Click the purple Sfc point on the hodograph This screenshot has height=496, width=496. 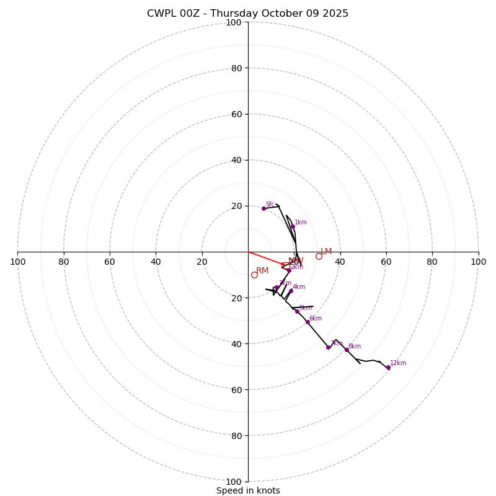(x=263, y=208)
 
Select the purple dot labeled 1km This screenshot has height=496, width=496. (x=293, y=226)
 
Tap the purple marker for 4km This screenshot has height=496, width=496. (x=291, y=291)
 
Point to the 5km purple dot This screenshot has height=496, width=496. (x=297, y=311)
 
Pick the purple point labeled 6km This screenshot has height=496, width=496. (x=308, y=322)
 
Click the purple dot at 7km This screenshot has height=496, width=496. (x=329, y=347)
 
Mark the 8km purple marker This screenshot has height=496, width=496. (x=347, y=350)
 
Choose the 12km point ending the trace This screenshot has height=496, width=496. (x=389, y=368)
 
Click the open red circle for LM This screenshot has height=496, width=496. (x=319, y=256)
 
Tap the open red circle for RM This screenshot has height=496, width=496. (x=254, y=275)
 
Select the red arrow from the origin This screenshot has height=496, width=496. (x=267, y=259)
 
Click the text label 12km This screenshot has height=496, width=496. (x=398, y=363)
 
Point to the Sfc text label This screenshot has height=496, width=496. (x=270, y=205)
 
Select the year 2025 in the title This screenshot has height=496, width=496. (x=335, y=14)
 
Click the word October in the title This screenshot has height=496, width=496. (x=282, y=14)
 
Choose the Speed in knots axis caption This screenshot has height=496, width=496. (x=248, y=490)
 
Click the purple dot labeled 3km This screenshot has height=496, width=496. (x=277, y=288)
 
